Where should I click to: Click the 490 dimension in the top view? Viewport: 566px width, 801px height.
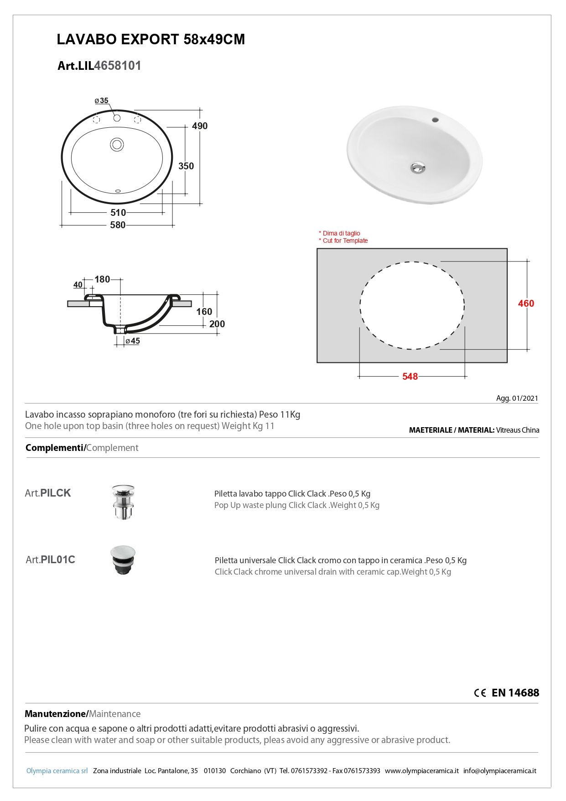point(200,126)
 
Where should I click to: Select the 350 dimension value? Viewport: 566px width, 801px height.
point(186,166)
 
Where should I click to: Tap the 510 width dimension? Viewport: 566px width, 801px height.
point(118,213)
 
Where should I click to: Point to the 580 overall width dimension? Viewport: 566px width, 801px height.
point(118,225)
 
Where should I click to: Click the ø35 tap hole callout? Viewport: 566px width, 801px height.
point(102,101)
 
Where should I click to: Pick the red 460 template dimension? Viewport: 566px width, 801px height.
point(526,304)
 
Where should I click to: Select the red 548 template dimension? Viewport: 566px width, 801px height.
point(410,377)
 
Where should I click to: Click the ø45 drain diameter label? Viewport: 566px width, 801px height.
point(133,341)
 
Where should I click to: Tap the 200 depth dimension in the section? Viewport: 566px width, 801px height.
point(217,324)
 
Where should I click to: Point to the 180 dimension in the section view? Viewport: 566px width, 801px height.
point(102,279)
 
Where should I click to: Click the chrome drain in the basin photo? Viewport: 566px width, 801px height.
point(417,168)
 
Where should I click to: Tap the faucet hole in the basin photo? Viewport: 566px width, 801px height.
point(435,120)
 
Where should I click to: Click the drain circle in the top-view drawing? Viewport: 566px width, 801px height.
point(117,145)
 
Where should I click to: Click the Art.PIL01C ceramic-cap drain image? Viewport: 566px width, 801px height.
point(123,560)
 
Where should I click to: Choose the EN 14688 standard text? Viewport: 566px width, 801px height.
point(515,693)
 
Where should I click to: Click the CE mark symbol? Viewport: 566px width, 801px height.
point(480,693)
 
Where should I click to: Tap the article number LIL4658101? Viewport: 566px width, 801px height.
point(99,66)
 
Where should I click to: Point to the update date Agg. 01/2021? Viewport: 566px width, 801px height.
point(517,398)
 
